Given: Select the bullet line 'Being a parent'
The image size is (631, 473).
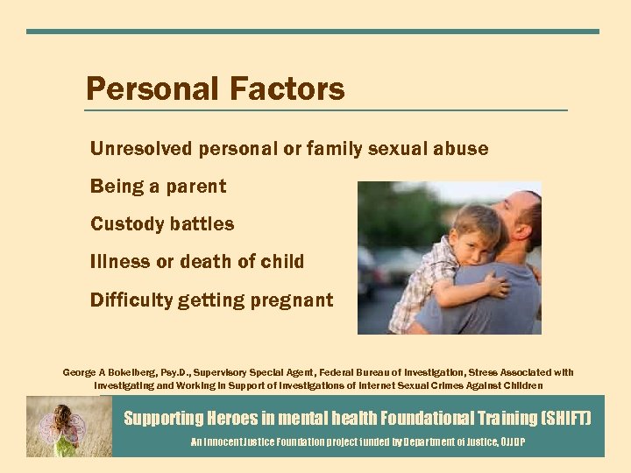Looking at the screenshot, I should pyautogui.click(x=158, y=187).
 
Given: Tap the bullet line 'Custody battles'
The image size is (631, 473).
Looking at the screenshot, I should pyautogui.click(x=162, y=224).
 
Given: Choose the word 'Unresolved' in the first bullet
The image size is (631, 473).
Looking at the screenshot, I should pyautogui.click(x=140, y=149).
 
